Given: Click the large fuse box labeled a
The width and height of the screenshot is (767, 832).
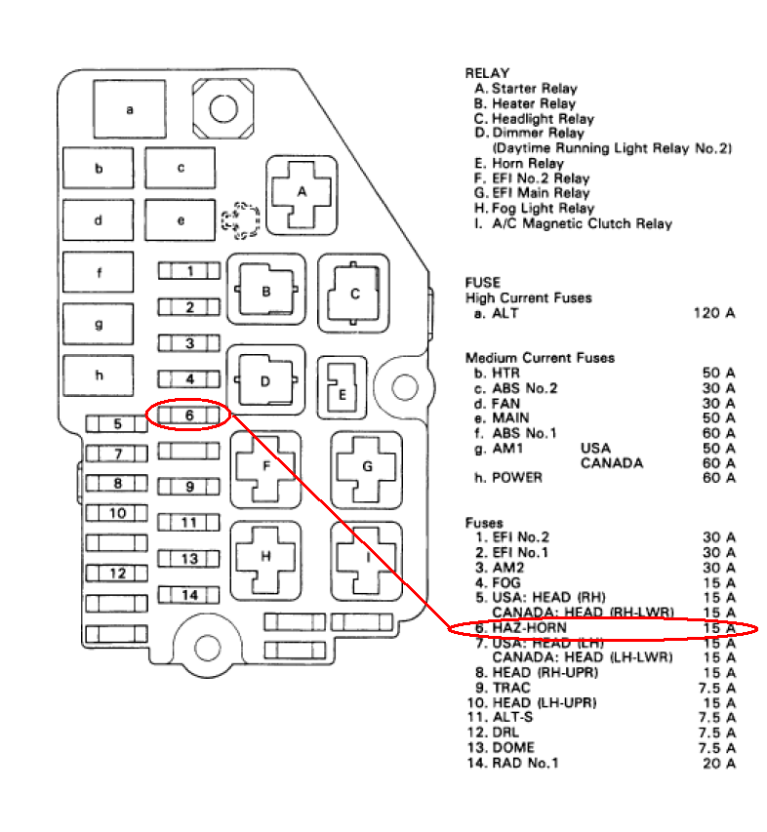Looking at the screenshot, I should (x=130, y=109).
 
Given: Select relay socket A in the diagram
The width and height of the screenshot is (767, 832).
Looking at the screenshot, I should (x=302, y=192).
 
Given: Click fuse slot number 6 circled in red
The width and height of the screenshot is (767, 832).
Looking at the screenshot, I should (x=189, y=416).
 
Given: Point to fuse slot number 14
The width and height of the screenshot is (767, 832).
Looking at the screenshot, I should (x=189, y=595).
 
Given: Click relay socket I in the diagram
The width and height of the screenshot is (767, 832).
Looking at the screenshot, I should (x=367, y=558).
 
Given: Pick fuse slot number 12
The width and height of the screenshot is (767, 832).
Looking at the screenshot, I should (x=117, y=574).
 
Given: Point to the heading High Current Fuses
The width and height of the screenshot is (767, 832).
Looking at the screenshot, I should (x=528, y=297).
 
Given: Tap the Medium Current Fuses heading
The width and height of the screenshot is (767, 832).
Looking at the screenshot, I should (x=540, y=358).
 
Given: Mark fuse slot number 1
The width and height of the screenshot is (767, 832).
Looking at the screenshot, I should (x=189, y=271).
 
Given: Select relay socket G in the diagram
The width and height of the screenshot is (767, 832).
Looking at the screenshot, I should (x=367, y=467).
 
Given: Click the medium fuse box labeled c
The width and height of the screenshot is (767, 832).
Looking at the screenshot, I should (x=181, y=168).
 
